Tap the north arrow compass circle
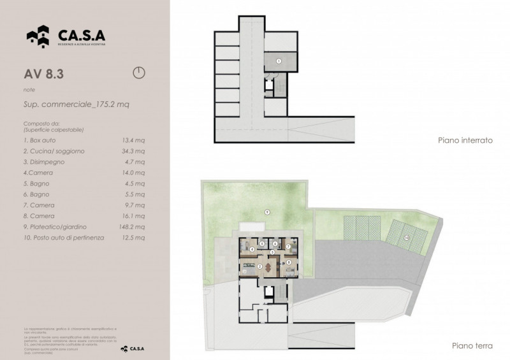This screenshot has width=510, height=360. (x=139, y=72)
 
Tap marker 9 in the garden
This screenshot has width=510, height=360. (x=267, y=212)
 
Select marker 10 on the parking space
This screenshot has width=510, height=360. (x=406, y=238)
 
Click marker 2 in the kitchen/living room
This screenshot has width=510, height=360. (x=259, y=266)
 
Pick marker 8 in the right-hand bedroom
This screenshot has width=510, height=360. (x=289, y=262)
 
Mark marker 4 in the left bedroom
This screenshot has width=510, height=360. (x=253, y=248)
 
